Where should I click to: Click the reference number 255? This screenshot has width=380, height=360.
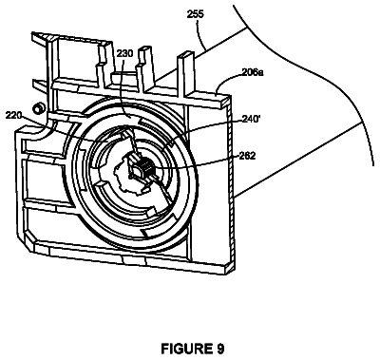196,14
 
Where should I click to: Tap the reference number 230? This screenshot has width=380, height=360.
124,53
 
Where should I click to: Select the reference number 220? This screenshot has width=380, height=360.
13,115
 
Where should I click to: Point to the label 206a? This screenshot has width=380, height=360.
253,72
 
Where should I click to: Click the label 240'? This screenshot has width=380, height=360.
252,119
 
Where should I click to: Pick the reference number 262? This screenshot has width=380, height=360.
247,156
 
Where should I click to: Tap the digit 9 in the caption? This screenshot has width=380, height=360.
220,349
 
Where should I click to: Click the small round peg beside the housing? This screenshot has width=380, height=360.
39,108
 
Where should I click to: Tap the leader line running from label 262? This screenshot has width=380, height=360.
197,161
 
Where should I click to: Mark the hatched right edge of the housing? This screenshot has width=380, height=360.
232,183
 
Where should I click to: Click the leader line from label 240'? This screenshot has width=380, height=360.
206,131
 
